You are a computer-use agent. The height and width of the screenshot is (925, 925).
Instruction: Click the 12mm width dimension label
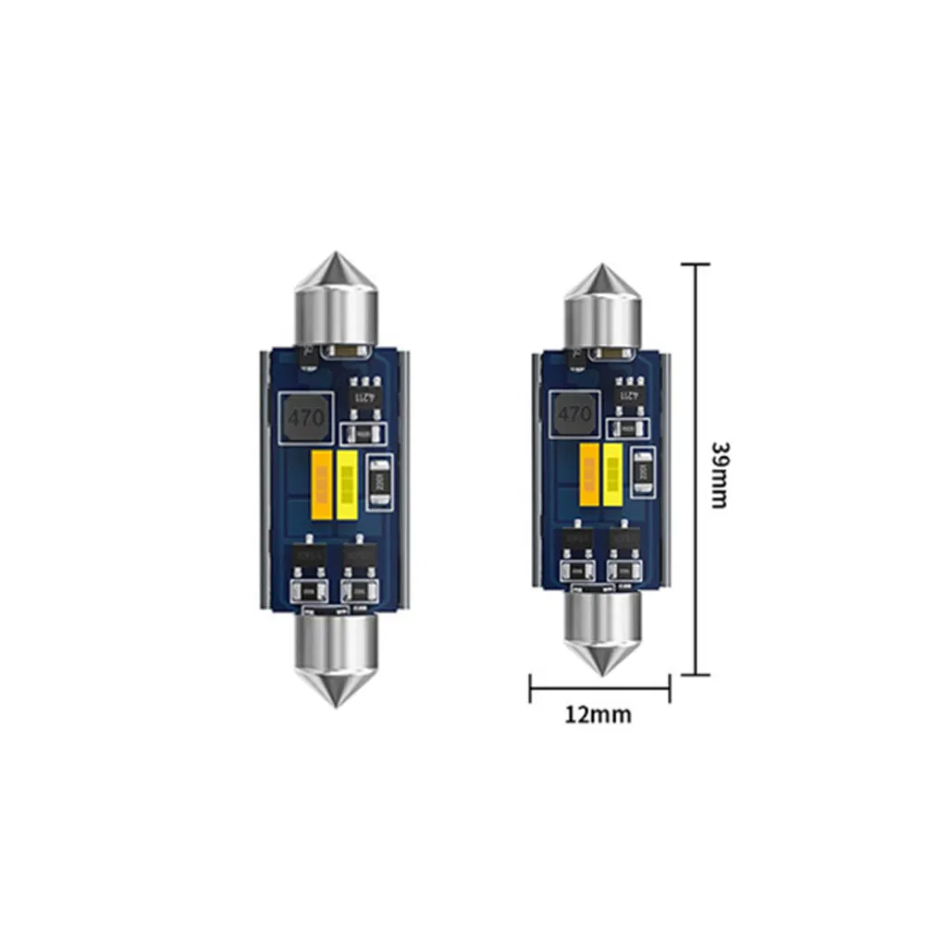tap(599, 714)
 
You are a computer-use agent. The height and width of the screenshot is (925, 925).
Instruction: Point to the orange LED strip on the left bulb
tap(323, 483)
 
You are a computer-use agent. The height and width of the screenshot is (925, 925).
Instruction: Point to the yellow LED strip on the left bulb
tap(348, 483)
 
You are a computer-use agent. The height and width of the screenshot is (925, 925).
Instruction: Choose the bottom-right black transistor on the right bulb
tap(623, 545)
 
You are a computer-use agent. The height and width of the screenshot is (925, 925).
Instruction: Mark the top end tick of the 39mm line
tap(696, 264)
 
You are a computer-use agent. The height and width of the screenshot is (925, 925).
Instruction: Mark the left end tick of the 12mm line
tap(530, 687)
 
